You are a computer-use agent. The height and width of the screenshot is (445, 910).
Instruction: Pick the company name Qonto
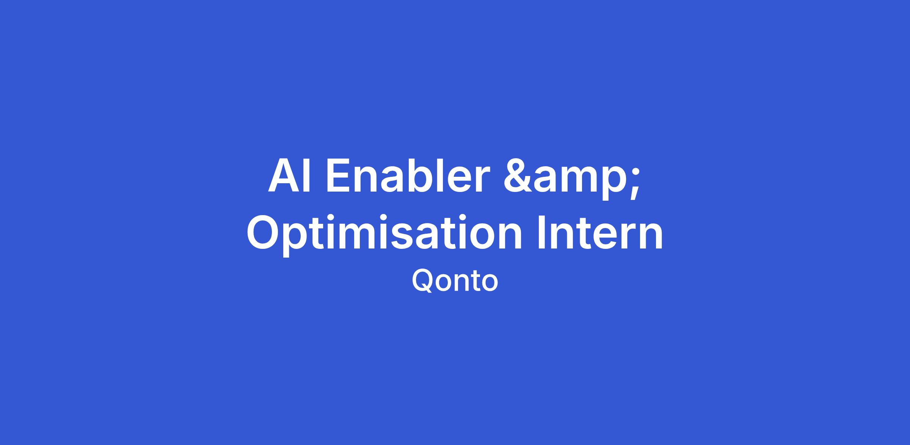point(455,281)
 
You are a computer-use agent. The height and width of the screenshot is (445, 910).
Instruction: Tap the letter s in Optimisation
point(397,237)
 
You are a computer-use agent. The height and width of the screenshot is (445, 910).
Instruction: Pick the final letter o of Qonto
point(489,284)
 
